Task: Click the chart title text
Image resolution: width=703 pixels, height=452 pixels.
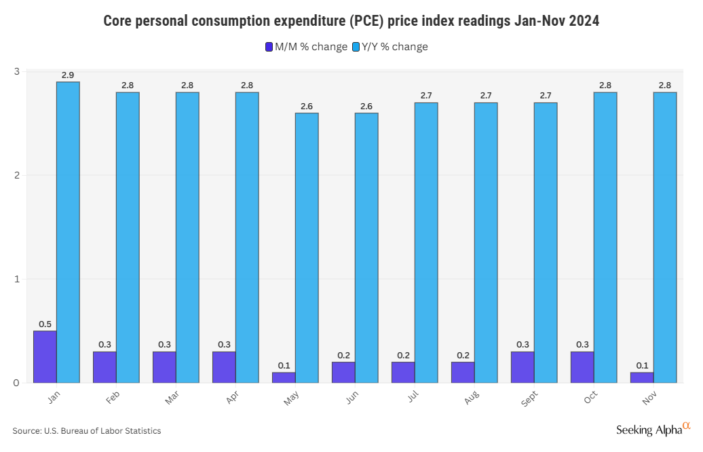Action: pos(351,21)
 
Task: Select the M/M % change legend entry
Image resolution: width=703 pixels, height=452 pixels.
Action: pos(306,47)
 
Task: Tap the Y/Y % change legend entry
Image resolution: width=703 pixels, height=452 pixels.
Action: pos(389,47)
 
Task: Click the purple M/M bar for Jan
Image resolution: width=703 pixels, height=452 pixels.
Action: pos(45,356)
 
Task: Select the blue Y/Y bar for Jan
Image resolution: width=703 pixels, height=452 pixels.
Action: pos(68,232)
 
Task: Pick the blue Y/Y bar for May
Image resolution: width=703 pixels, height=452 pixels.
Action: pos(307,248)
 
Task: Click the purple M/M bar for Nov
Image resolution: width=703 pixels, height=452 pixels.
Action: pos(642,377)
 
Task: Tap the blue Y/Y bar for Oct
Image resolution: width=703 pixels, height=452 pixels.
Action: pos(605,238)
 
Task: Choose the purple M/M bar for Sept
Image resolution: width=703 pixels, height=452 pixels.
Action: pos(522,367)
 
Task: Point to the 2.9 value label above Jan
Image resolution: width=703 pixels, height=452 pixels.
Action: pos(68,75)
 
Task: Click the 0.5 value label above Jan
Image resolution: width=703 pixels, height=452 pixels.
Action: pos(45,324)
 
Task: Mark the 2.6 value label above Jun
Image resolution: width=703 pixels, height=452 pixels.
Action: pos(366,106)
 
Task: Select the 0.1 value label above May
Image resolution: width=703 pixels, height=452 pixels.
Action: pos(284,365)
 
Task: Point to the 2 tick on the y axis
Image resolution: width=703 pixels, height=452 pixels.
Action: pos(17,175)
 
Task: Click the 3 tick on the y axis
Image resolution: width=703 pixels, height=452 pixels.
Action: pos(17,71)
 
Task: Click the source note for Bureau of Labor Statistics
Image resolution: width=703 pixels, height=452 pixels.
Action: pos(87,430)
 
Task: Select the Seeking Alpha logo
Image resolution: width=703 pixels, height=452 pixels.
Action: pos(653,429)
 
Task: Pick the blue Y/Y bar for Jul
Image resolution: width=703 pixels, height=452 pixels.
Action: pos(426,242)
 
